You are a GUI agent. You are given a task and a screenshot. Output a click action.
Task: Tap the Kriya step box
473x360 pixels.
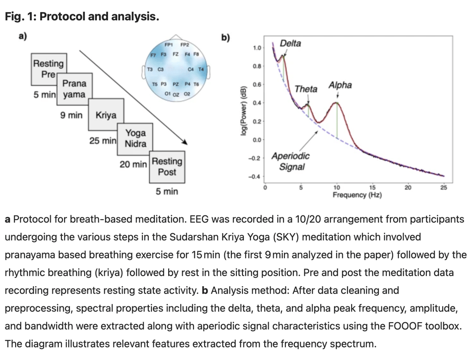tap(106, 115)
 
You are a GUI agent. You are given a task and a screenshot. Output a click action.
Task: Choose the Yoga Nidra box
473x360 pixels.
tap(135, 138)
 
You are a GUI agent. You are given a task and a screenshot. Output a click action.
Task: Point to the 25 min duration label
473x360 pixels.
tap(103, 140)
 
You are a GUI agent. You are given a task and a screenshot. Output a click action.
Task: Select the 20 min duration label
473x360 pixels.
tap(133, 164)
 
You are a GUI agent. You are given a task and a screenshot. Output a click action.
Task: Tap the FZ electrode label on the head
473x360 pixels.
tap(176, 54)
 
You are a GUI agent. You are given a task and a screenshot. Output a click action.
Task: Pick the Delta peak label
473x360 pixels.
tap(291, 43)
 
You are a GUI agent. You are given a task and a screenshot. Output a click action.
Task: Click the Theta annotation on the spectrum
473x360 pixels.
tap(306, 89)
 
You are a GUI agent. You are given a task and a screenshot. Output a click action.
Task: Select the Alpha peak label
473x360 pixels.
tap(340, 85)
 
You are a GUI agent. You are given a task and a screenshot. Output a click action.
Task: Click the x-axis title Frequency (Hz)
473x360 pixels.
tap(357, 195)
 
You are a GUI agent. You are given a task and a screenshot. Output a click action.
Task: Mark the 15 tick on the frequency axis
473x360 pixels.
tap(372, 187)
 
